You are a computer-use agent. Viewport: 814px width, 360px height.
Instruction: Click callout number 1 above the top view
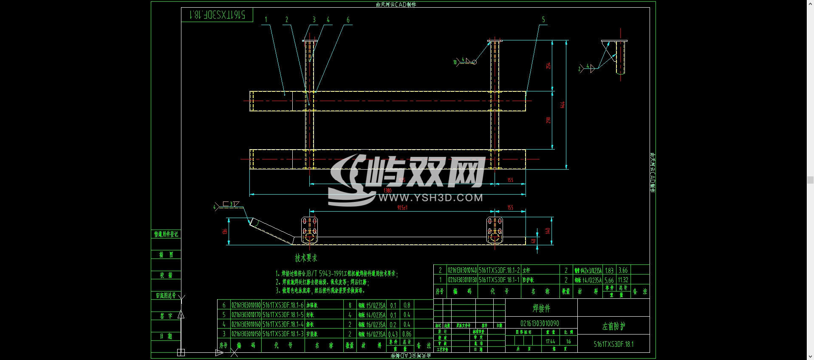[266, 20]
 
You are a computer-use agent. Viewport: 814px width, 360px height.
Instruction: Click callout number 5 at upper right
[543, 20]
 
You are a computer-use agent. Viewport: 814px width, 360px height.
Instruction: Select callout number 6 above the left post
[348, 20]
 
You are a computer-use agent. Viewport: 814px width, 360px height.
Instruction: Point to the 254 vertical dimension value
[548, 65]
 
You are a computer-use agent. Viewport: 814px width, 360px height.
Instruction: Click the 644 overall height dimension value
[562, 105]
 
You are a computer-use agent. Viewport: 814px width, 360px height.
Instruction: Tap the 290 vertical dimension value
[548, 120]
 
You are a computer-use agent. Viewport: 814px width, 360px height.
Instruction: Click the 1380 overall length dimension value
[387, 190]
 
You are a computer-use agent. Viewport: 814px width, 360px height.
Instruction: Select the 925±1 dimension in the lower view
[402, 208]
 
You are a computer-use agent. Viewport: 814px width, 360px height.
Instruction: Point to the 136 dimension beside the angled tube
[224, 232]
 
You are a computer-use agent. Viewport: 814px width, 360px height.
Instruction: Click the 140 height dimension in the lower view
[548, 231]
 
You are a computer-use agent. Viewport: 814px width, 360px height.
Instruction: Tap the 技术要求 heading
[306, 258]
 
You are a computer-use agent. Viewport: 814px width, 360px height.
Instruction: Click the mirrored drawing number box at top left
[217, 15]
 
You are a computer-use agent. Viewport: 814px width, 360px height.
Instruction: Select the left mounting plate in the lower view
[309, 230]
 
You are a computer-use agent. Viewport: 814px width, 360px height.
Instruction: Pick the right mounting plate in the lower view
[495, 230]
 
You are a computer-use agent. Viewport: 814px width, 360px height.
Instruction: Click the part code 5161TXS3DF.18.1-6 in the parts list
[283, 305]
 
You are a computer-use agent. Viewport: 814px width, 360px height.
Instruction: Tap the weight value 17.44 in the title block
[550, 341]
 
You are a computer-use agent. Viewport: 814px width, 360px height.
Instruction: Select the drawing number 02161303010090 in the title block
[540, 323]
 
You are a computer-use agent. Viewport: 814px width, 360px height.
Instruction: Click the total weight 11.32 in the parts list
[623, 280]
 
